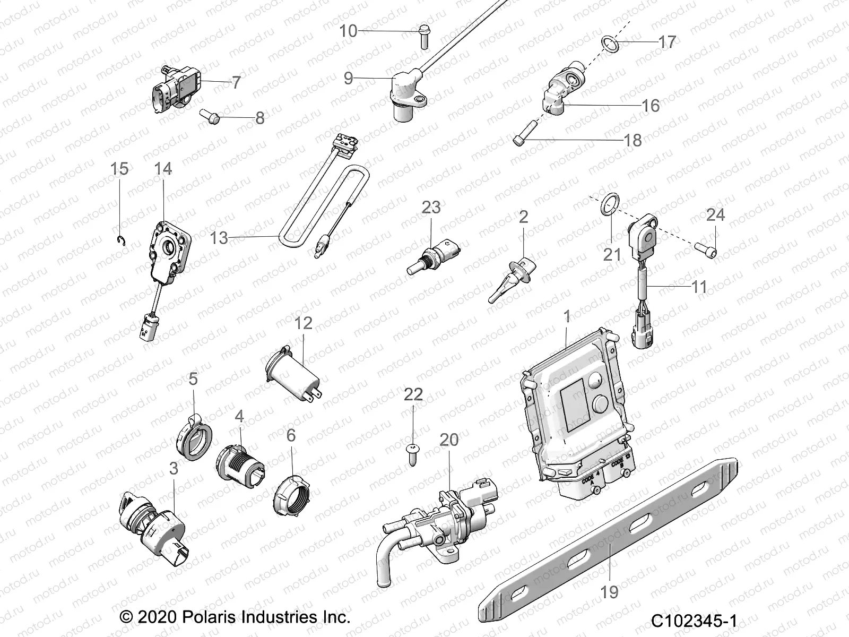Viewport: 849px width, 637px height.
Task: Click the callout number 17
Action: click(667, 41)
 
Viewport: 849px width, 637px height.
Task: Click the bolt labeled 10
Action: click(424, 36)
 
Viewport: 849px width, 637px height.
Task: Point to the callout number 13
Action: click(219, 238)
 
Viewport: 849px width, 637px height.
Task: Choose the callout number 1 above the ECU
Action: click(567, 316)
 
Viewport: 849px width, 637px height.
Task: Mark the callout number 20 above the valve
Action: click(449, 440)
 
